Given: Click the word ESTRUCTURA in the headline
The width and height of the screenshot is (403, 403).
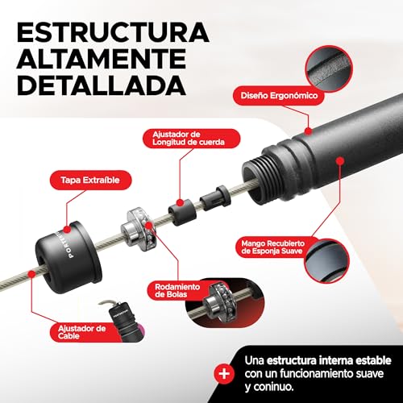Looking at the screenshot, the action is pyautogui.click(x=113, y=32).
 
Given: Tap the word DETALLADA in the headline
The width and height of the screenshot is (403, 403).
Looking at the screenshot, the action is pyautogui.click(x=102, y=85).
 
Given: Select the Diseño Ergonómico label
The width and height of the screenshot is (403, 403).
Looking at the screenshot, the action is pyautogui.click(x=279, y=96).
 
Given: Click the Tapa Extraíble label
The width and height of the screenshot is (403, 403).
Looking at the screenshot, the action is pyautogui.click(x=90, y=180).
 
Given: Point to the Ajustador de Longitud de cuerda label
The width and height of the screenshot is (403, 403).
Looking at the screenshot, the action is pyautogui.click(x=191, y=139).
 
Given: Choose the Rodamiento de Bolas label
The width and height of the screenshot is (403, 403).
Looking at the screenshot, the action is pyautogui.click(x=177, y=290).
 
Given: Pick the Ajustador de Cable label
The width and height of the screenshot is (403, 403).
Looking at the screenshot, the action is pyautogui.click(x=82, y=332).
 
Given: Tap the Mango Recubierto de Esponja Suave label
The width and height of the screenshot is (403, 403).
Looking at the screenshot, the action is pyautogui.click(x=273, y=247).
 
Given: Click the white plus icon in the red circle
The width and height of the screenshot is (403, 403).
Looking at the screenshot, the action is pyautogui.click(x=225, y=374).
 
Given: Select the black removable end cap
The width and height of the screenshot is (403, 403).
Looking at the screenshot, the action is pyautogui.click(x=68, y=257).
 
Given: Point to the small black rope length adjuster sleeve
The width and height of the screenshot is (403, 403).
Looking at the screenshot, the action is pyautogui.click(x=182, y=212).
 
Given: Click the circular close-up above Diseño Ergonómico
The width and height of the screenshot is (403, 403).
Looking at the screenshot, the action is pyautogui.click(x=329, y=69).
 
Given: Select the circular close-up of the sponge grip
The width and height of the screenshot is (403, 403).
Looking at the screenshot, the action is pyautogui.click(x=326, y=261).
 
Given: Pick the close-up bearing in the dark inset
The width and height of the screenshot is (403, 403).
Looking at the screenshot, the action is pyautogui.click(x=219, y=305).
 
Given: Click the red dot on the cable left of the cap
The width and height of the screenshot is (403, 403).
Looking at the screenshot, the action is pyautogui.click(x=32, y=274).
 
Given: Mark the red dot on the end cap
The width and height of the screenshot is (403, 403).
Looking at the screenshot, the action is pyautogui.click(x=67, y=229).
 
